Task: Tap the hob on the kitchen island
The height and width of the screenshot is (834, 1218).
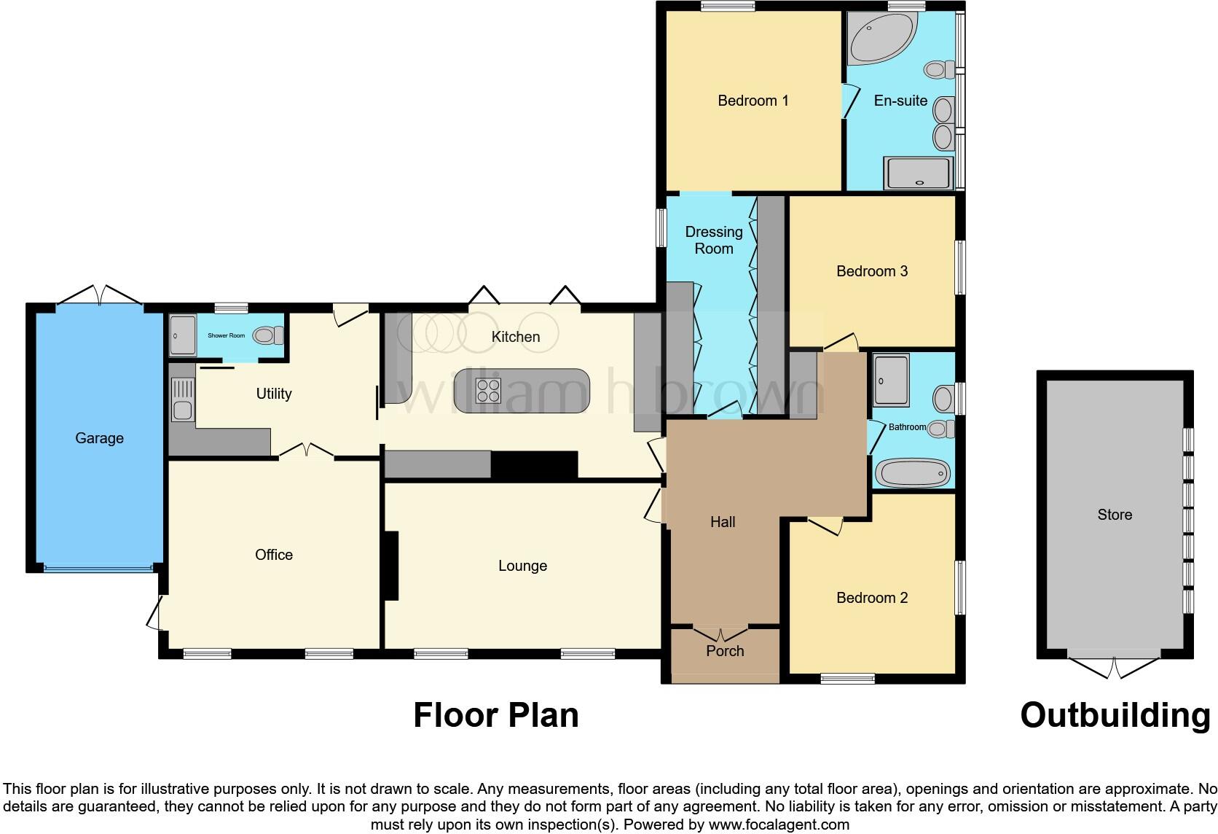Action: coord(489,391)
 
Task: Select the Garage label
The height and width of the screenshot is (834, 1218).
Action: coord(99,438)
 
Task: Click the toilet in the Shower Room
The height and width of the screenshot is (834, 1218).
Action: coord(267,335)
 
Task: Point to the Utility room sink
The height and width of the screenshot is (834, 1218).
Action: coord(182,410)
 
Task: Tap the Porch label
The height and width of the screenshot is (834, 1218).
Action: coord(725,651)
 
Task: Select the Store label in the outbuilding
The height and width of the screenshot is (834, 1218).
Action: coord(1114,515)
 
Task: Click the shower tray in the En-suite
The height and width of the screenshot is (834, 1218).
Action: coord(918,174)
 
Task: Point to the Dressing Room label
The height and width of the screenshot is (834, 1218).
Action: coord(713,240)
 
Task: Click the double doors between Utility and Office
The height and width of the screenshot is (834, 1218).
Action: coord(306,451)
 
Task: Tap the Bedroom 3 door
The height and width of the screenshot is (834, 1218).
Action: coord(841,343)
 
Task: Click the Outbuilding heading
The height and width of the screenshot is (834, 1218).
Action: coord(1115,715)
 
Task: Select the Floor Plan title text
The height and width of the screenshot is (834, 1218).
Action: coord(496,715)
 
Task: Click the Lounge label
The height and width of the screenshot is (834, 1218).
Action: coord(522,566)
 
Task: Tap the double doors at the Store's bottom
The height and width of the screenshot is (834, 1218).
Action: coord(1113,665)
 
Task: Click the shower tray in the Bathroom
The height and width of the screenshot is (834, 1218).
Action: coord(891,380)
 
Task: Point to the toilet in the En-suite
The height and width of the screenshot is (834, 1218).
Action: coord(940,70)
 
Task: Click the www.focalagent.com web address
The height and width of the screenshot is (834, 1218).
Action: coord(779,825)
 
